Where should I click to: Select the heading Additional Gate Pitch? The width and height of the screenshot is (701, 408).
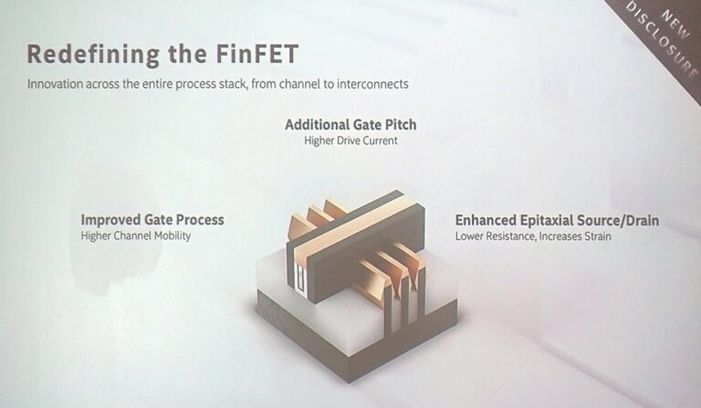pyautogui.click(x=350, y=124)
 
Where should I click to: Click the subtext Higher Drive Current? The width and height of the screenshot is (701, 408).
pyautogui.click(x=350, y=141)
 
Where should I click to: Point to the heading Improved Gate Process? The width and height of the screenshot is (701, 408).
pyautogui.click(x=152, y=220)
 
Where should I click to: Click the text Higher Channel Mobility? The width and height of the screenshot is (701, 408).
pyautogui.click(x=137, y=236)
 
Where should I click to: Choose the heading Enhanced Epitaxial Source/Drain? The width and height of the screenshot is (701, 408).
pyautogui.click(x=557, y=220)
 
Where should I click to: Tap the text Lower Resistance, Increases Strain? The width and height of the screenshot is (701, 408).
pyautogui.click(x=533, y=236)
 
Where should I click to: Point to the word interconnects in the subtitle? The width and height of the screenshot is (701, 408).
pyautogui.click(x=375, y=84)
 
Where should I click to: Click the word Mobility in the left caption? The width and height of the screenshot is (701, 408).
pyautogui.click(x=171, y=236)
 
